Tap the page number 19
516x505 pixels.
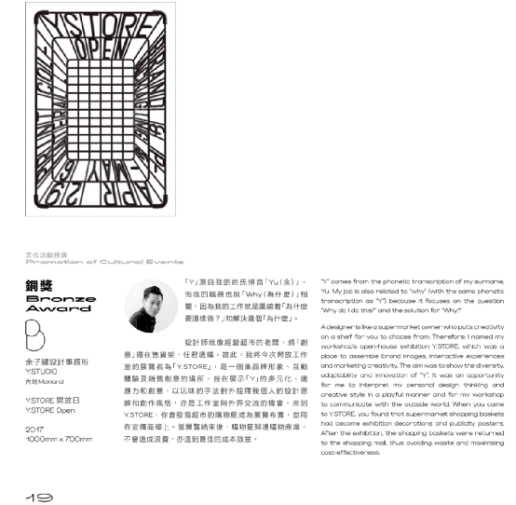[x=39, y=497]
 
